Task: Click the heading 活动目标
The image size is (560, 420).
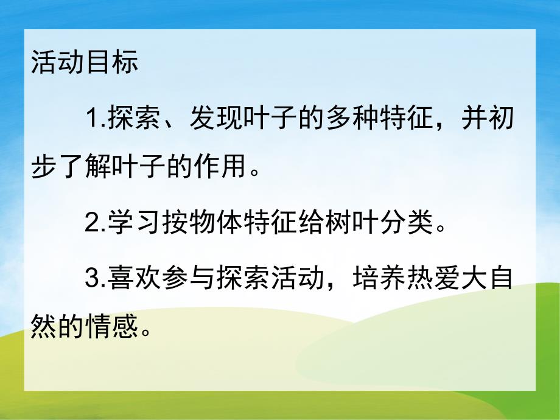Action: pos(85,63)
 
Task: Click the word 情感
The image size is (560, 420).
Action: pos(111,329)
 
